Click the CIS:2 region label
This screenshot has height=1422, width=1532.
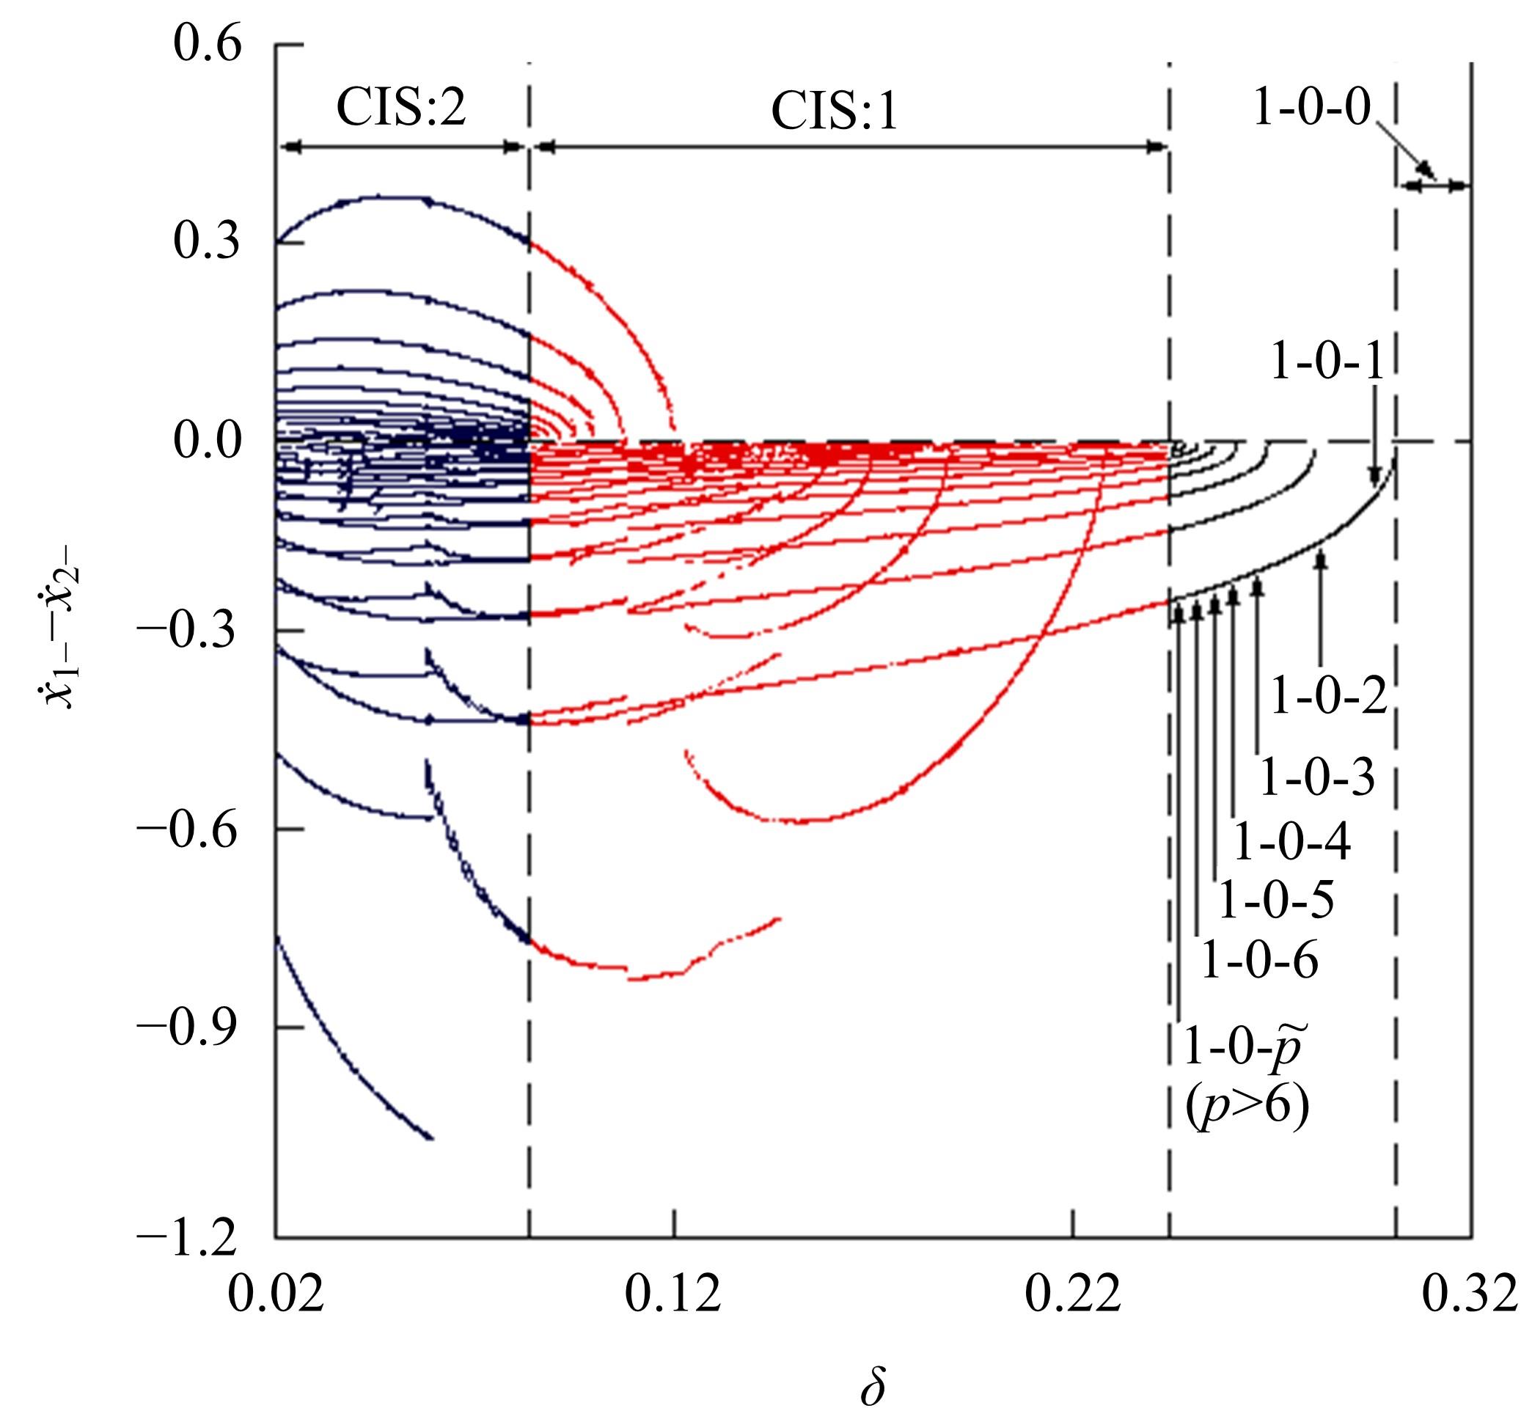[x=401, y=109]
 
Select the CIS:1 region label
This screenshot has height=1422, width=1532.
[x=834, y=113]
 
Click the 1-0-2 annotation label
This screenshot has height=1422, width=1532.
[x=1327, y=697]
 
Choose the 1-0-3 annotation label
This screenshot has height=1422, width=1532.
[x=1316, y=778]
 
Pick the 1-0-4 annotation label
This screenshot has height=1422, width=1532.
[x=1292, y=843]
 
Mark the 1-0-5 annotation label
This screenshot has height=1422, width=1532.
[x=1276, y=901]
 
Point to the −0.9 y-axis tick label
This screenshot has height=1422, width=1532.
[x=188, y=1027]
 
